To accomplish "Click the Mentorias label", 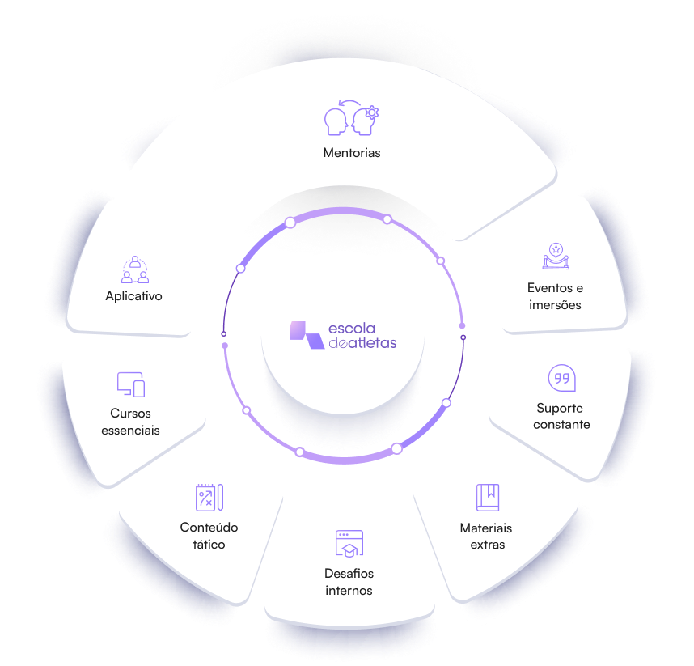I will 352,152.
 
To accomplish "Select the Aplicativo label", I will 133,296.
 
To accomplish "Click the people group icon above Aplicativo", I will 134,269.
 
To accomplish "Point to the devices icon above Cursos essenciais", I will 131,384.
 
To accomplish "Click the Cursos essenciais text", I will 130,422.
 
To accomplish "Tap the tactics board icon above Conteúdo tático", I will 209,497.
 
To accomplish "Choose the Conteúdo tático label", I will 209,536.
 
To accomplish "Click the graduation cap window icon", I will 349,543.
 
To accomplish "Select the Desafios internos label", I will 349,582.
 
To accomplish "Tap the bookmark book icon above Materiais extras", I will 487,497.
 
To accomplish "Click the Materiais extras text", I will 486,537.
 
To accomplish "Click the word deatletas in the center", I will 362,343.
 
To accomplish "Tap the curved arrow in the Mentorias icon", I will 349,102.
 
